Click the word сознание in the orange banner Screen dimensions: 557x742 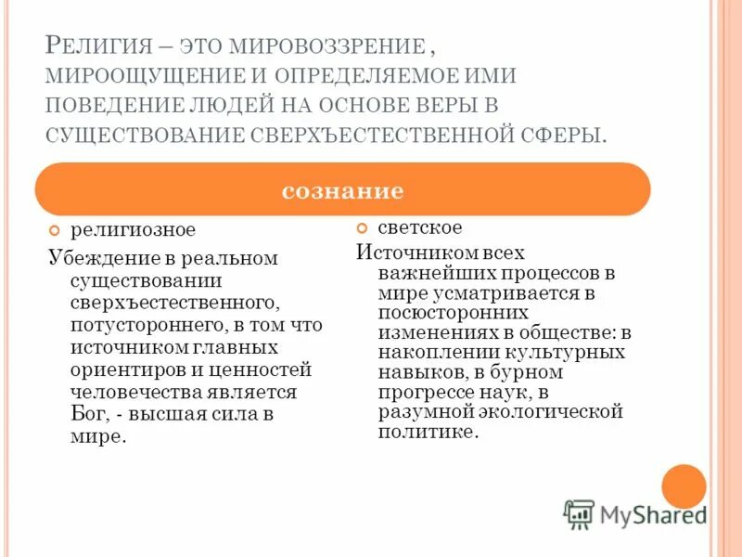point(342,190)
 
